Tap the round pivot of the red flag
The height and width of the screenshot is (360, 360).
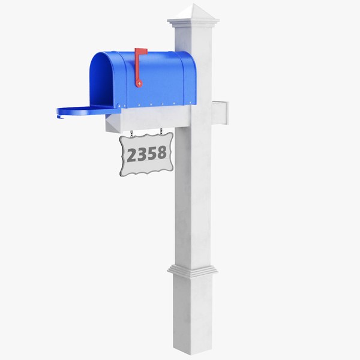[x=139, y=83]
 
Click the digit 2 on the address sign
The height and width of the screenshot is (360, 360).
[x=132, y=155]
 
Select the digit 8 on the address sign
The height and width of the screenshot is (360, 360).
[x=161, y=152]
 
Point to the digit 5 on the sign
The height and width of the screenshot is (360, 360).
[x=152, y=153]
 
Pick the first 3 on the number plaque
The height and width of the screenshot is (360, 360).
[x=142, y=154]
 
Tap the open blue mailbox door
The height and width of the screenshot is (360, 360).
[x=88, y=112]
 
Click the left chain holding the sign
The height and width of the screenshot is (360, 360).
[x=131, y=134]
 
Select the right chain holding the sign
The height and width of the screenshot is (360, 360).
[x=161, y=132]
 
